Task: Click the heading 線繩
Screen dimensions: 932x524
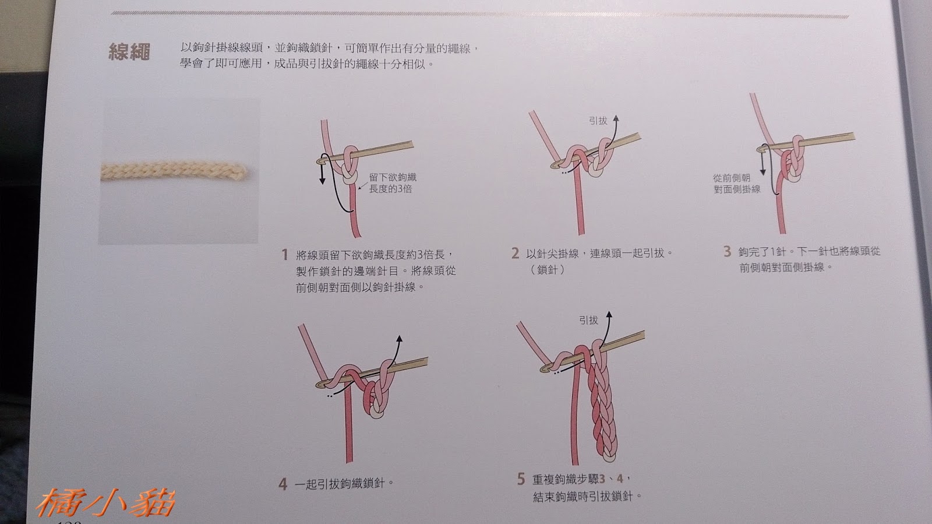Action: point(129,52)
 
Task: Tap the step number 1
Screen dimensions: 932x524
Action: point(285,255)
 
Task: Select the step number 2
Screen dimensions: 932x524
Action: point(515,253)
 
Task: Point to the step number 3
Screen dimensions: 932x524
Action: point(727,251)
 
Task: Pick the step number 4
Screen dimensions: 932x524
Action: point(283,484)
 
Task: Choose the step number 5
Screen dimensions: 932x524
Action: point(521,479)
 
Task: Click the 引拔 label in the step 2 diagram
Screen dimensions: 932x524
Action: point(598,121)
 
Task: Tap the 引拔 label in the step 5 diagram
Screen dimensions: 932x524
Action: point(588,320)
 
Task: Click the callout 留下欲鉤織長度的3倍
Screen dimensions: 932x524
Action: point(393,183)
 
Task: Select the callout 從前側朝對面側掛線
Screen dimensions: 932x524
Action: point(736,184)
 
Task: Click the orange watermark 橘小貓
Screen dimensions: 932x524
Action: point(105,503)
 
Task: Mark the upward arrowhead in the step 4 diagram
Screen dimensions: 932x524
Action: point(400,339)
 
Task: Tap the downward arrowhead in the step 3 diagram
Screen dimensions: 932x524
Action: point(762,171)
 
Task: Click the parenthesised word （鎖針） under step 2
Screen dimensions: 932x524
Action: point(547,270)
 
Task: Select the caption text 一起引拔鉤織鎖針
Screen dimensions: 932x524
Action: point(340,484)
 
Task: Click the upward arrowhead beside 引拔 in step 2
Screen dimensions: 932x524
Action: point(616,119)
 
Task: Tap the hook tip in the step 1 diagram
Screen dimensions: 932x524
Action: point(320,161)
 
